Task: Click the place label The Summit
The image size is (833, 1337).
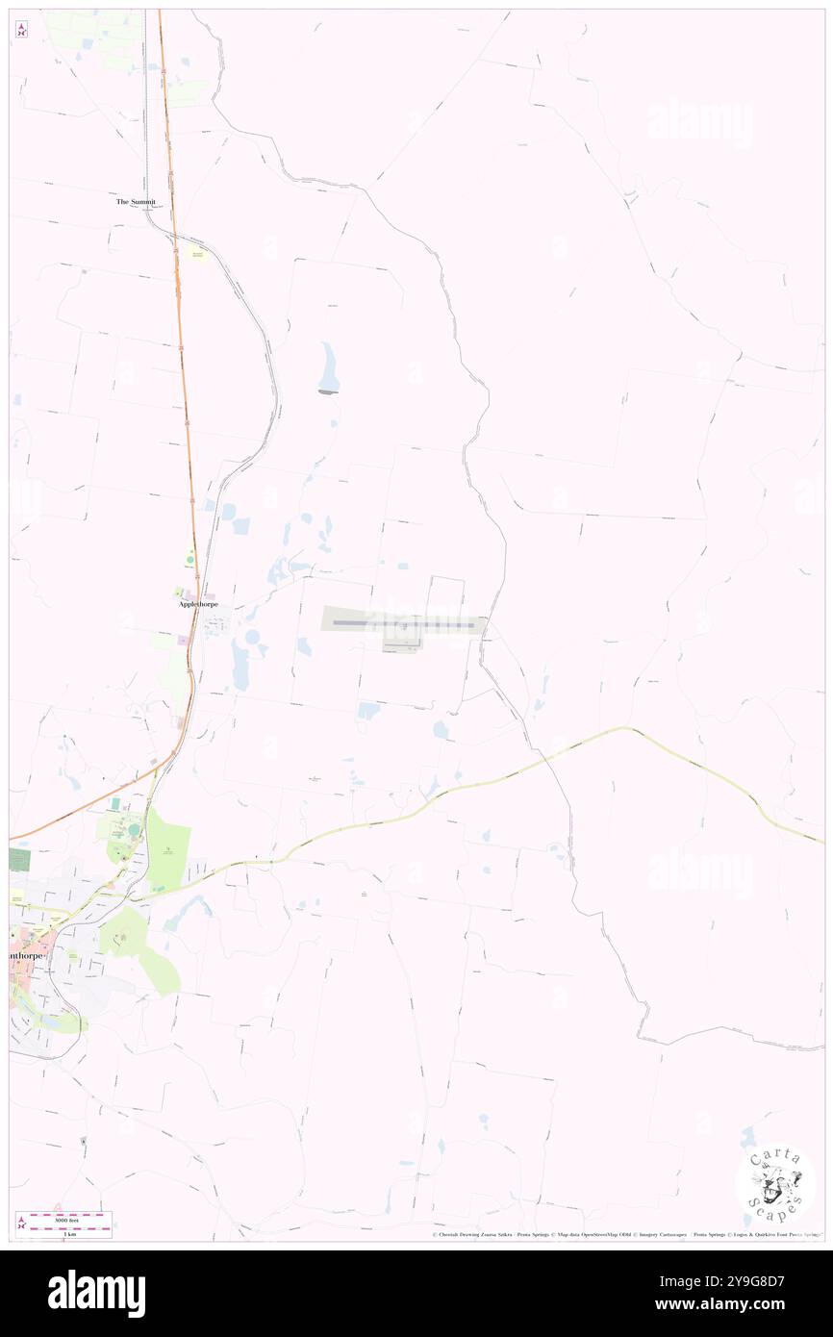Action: [x=136, y=202]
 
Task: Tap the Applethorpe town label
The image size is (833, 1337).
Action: [x=198, y=604]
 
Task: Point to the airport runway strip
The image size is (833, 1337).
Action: [x=404, y=624]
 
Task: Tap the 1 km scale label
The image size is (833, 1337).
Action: [x=69, y=1233]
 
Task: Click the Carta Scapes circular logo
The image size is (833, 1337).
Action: [x=775, y=1183]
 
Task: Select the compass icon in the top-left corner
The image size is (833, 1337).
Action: [x=21, y=30]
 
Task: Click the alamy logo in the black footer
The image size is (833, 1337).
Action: [x=96, y=1292]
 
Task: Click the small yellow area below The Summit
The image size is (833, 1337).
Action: [x=198, y=255]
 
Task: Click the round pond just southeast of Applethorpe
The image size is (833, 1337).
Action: [x=253, y=638]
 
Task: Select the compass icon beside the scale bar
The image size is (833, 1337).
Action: [x=21, y=1223]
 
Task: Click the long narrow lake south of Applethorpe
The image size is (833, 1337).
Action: [x=239, y=667]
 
